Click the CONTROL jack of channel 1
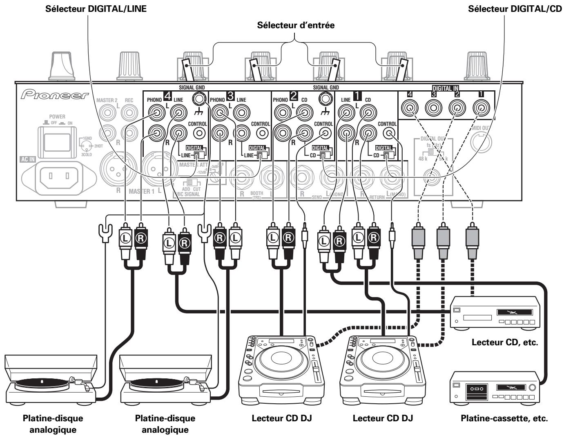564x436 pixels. (388, 133)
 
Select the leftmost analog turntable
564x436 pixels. (51, 380)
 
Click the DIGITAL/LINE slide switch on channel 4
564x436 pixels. (198, 155)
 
